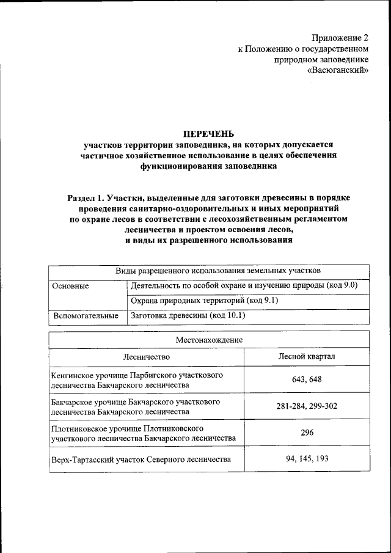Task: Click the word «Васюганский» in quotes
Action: (x=338, y=71)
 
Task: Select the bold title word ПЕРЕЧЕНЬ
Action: (x=208, y=134)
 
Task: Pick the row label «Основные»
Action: (x=70, y=286)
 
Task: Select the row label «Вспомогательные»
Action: (x=86, y=316)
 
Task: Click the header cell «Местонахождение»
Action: (x=209, y=339)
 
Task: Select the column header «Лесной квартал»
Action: (x=306, y=356)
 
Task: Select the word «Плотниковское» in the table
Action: (x=81, y=428)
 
